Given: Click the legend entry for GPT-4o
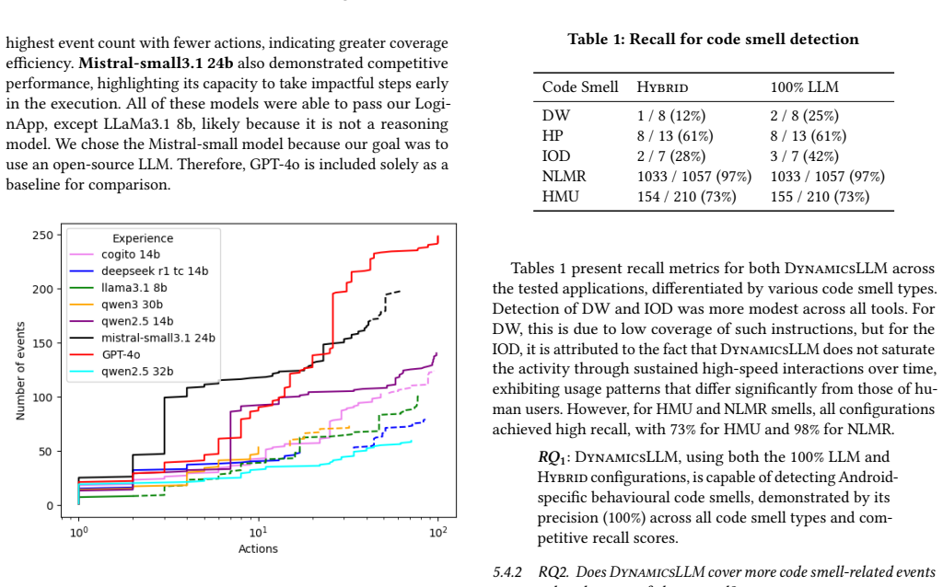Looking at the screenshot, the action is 121,354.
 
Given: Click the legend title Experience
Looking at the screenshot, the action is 143,238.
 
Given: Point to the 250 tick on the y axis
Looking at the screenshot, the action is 42,235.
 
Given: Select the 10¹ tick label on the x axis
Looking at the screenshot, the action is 258,532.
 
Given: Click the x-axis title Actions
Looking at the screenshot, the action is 258,548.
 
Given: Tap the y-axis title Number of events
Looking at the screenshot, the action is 20,371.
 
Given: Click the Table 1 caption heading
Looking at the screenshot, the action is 714,39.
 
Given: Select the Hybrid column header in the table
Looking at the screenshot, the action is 662,87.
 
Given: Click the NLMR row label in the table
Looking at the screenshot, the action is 565,176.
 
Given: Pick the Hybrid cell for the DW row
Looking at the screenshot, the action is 671,115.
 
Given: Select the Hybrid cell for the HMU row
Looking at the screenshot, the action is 686,197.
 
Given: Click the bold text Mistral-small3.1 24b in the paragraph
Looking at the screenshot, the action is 156,63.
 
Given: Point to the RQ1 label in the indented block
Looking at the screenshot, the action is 553,458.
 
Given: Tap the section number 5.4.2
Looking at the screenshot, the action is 507,572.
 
